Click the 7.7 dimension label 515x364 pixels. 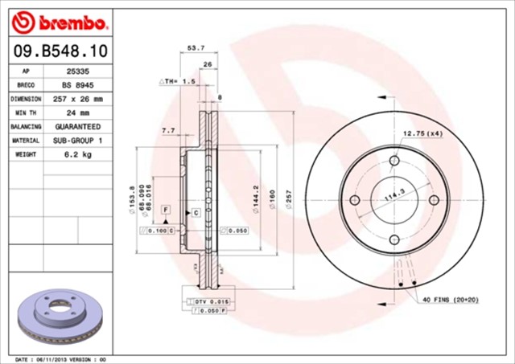[x=169, y=130]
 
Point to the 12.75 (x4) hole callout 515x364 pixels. [x=422, y=133]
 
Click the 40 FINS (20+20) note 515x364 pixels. [x=451, y=300]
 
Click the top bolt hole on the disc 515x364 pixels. [x=394, y=162]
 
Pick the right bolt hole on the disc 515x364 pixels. [x=434, y=200]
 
